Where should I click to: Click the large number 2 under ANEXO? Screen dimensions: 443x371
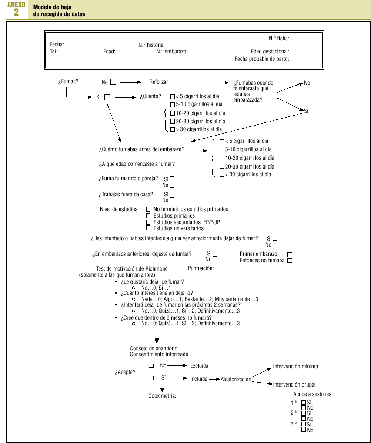[x=16, y=12]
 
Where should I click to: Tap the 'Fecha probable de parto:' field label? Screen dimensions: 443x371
[x=262, y=59]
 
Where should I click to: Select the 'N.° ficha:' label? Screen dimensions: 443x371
[x=279, y=39]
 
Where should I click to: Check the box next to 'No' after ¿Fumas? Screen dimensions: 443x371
[x=114, y=82]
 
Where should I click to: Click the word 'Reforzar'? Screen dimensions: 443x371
[x=159, y=82]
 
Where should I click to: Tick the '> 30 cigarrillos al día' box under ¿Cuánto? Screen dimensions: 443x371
[x=173, y=129]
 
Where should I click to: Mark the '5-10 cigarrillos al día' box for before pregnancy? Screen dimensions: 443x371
[x=222, y=150]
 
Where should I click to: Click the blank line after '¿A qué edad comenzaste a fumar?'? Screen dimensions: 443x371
[x=184, y=165]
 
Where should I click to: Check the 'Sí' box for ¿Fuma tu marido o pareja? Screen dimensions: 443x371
[x=172, y=179]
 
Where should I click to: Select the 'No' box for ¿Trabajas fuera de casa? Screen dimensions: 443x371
[x=172, y=200]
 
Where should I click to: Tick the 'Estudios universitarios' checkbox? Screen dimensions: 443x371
[x=148, y=228]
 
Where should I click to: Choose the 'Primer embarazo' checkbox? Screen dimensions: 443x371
[x=290, y=255]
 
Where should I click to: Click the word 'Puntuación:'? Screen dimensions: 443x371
[x=201, y=268]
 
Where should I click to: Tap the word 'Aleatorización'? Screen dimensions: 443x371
[x=236, y=380]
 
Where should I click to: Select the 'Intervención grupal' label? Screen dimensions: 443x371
[x=294, y=385]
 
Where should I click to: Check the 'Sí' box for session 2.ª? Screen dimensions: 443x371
[x=304, y=413]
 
